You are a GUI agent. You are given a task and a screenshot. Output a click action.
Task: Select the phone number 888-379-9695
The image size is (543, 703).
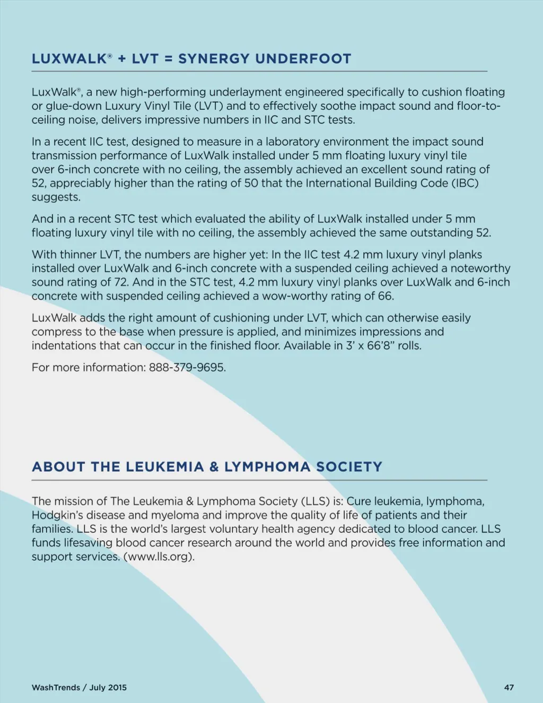pyautogui.click(x=187, y=367)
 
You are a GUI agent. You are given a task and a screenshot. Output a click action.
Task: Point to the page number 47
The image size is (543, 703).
pyautogui.click(x=509, y=687)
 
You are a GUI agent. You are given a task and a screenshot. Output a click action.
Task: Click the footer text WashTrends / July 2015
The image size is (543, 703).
pyautogui.click(x=79, y=687)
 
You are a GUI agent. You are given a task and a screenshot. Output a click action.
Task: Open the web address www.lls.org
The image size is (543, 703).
pyautogui.click(x=159, y=557)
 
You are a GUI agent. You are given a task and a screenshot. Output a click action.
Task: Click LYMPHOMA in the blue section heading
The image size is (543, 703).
pyautogui.click(x=268, y=467)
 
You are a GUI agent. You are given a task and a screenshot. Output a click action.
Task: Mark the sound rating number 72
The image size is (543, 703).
pyautogui.click(x=121, y=282)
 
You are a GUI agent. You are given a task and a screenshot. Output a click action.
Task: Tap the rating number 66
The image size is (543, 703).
pyautogui.click(x=386, y=296)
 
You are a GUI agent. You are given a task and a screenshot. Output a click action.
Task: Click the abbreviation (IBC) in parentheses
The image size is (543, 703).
pyautogui.click(x=465, y=184)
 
